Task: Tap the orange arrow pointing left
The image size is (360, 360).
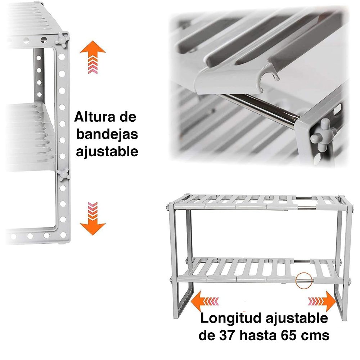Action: click(x=200, y=301)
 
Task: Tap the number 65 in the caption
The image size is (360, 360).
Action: click(x=289, y=336)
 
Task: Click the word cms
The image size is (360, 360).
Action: click(x=316, y=336)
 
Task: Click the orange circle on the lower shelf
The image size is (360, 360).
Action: click(x=303, y=280)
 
